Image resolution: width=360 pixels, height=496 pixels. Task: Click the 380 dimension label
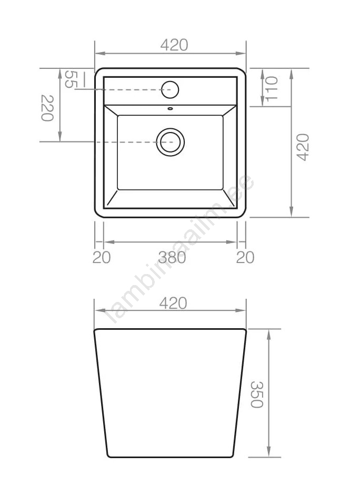click(172, 257)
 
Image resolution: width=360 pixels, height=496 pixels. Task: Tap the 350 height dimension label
click(257, 394)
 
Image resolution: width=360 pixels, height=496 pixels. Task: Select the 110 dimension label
click(272, 89)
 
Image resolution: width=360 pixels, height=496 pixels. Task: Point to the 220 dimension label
click(47, 108)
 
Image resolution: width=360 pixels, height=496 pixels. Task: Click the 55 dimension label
click(71, 79)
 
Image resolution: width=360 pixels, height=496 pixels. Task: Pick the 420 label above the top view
click(174, 45)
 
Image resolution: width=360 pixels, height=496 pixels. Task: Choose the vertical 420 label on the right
click(303, 147)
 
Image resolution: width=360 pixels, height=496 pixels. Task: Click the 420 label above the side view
click(173, 303)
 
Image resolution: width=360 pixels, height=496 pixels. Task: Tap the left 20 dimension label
click(102, 257)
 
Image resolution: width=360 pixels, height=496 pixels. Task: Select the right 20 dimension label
click(245, 257)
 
